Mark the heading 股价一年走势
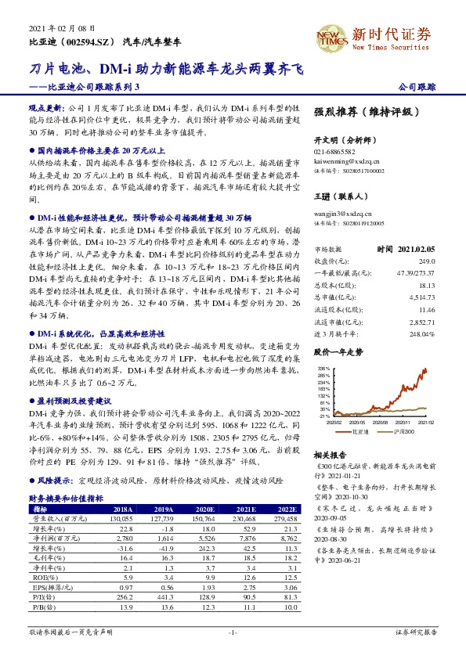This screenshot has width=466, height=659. tap(338, 353)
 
